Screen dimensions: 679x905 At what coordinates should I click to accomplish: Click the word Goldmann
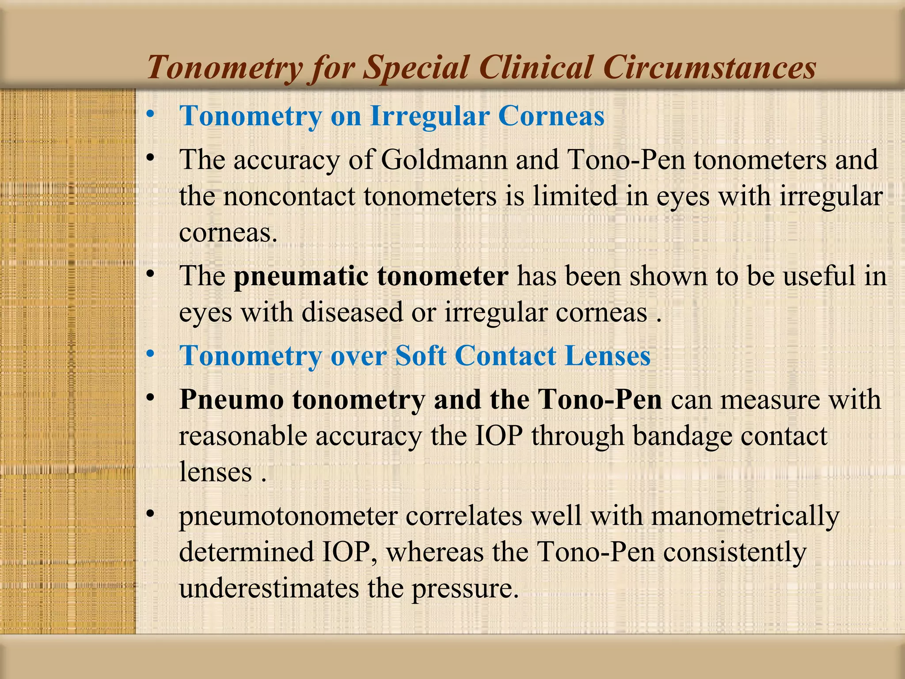[444, 160]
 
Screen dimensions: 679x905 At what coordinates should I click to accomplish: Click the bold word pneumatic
[301, 276]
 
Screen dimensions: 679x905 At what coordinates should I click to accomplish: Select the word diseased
[352, 313]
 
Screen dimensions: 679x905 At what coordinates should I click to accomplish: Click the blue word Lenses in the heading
[608, 356]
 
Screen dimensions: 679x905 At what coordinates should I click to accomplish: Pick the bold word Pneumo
[232, 400]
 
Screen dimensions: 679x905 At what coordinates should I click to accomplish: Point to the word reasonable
[243, 437]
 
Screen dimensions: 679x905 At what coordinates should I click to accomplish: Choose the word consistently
[734, 553]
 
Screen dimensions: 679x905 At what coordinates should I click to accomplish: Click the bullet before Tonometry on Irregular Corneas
[151, 114]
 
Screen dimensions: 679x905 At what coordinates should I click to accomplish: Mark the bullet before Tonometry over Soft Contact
[151, 354]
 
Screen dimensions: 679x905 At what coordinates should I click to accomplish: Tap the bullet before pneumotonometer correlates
[151, 514]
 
